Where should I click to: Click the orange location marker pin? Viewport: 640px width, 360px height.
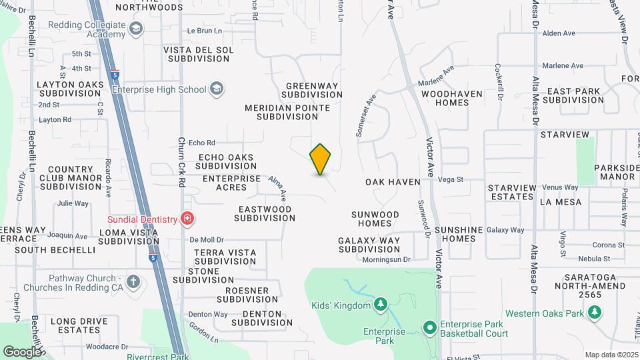[x=320, y=159]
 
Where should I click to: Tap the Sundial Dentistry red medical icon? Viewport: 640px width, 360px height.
[x=187, y=219]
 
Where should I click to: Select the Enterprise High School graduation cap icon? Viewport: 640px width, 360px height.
[x=216, y=89]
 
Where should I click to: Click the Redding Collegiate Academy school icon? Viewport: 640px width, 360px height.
[x=136, y=29]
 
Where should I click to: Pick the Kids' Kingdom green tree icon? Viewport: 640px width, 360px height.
[x=380, y=305]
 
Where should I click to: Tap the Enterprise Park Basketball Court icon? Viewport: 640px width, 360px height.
[x=430, y=327]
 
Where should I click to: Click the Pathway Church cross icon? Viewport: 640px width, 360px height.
[x=133, y=281]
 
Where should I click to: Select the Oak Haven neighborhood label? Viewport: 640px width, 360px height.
[x=393, y=182]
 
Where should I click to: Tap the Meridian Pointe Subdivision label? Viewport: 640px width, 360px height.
[x=287, y=111]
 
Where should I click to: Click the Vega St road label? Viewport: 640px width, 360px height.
[x=451, y=179]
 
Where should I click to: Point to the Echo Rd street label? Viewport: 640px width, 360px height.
[x=202, y=143]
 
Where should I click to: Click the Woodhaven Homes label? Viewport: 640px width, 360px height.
[x=451, y=98]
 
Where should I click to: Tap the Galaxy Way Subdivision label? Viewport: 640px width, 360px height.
[x=369, y=245]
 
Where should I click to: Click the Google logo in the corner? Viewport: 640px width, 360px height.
[x=21, y=351]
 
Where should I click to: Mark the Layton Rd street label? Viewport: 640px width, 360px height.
[x=55, y=120]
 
